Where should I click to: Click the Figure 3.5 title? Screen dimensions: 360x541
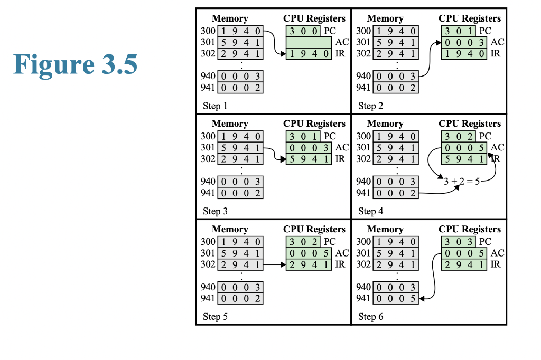[x=76, y=63]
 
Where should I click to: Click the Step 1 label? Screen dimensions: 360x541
[x=215, y=106]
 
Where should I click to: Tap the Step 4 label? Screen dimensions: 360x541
[x=370, y=212]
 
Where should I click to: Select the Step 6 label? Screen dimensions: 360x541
[x=370, y=317]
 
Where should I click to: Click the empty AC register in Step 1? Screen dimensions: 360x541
[x=309, y=42]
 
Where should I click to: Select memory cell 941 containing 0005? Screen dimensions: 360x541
[x=396, y=299]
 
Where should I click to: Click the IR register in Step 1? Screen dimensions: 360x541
[x=309, y=53]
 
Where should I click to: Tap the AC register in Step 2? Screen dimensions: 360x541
[x=464, y=42]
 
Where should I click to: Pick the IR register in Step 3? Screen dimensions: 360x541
[x=309, y=159]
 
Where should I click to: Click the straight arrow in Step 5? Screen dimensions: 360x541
[x=274, y=264]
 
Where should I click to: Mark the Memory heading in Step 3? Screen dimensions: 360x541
[x=230, y=124]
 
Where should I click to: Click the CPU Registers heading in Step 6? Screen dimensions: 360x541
[x=470, y=229]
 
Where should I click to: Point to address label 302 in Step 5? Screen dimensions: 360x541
[x=208, y=264]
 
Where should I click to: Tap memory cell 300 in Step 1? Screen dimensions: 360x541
[x=240, y=31]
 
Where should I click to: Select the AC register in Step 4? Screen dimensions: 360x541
[x=464, y=148]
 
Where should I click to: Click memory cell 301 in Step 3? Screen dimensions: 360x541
[x=240, y=148]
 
